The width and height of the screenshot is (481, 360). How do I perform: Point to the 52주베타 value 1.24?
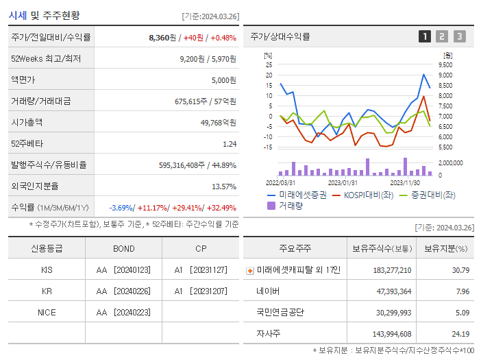pyautogui.click(x=229, y=144)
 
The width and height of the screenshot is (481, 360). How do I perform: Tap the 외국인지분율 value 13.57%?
pyautogui.click(x=223, y=187)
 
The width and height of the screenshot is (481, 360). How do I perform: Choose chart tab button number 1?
pyautogui.click(x=425, y=36)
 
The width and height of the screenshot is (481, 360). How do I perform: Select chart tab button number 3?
pyautogui.click(x=459, y=36)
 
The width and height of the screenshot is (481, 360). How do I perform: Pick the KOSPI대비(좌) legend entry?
pyautogui.click(x=362, y=195)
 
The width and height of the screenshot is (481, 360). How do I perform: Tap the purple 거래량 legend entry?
pyautogui.click(x=291, y=205)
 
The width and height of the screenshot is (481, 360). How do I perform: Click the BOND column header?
pyautogui.click(x=124, y=248)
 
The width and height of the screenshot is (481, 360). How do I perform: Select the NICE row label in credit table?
pyautogui.click(x=47, y=312)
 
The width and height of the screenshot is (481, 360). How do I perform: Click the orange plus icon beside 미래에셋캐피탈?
pyautogui.click(x=249, y=270)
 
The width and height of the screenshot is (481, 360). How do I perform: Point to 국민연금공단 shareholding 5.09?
pyautogui.click(x=460, y=312)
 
